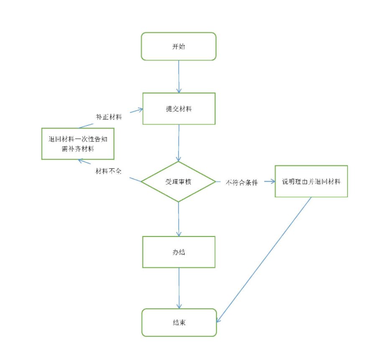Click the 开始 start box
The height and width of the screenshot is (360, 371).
click(179, 46)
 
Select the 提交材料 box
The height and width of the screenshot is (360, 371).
click(179, 108)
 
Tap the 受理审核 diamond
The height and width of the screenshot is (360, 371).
click(179, 182)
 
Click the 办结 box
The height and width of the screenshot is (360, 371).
click(179, 252)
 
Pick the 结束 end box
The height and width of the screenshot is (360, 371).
click(179, 322)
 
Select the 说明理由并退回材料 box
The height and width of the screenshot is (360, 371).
click(311, 181)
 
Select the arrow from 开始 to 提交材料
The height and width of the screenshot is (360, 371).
click(179, 75)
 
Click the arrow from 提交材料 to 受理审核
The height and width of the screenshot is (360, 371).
click(179, 142)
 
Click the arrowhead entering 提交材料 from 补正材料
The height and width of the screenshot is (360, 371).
click(141, 110)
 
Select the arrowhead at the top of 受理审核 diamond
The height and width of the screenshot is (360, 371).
click(179, 159)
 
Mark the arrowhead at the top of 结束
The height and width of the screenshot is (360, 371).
click(179, 306)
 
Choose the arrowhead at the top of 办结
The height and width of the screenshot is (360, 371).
click(179, 234)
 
